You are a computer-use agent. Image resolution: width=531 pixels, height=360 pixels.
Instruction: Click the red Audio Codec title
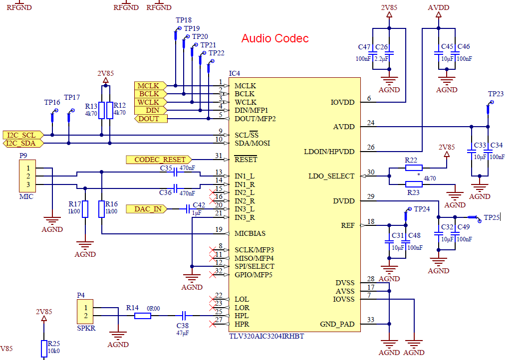click(x=275, y=38)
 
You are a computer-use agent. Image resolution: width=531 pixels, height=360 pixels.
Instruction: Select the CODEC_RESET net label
click(x=159, y=160)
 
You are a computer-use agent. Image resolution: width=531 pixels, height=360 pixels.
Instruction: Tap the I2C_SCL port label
click(x=21, y=135)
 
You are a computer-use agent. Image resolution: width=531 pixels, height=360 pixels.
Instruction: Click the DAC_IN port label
click(x=148, y=209)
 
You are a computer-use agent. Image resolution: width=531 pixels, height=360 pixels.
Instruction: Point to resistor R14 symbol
click(x=143, y=316)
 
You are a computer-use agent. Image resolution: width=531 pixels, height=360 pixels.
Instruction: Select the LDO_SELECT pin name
click(x=331, y=176)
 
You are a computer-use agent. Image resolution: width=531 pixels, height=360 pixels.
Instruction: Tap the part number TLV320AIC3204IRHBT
click(x=266, y=336)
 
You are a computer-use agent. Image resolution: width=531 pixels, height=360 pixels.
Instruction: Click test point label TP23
click(x=496, y=94)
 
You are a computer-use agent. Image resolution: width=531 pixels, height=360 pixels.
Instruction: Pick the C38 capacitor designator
click(x=183, y=325)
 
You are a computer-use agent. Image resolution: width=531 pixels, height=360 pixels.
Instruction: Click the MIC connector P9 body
click(x=28, y=177)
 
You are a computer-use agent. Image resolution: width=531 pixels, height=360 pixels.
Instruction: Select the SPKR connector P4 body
click(x=85, y=312)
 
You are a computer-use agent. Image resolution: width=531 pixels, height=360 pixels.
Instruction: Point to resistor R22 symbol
click(x=414, y=168)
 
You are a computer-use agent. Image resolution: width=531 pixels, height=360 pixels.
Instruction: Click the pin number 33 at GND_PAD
click(x=370, y=320)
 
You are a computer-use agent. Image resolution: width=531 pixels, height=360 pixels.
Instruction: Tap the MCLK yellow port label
click(x=149, y=86)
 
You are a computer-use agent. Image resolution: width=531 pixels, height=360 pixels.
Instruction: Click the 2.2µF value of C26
click(x=381, y=59)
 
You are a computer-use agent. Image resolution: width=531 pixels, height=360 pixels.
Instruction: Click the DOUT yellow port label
click(x=149, y=119)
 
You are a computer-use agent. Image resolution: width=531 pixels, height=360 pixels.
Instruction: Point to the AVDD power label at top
click(x=438, y=7)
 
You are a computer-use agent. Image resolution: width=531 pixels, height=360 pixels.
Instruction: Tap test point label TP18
click(x=183, y=20)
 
